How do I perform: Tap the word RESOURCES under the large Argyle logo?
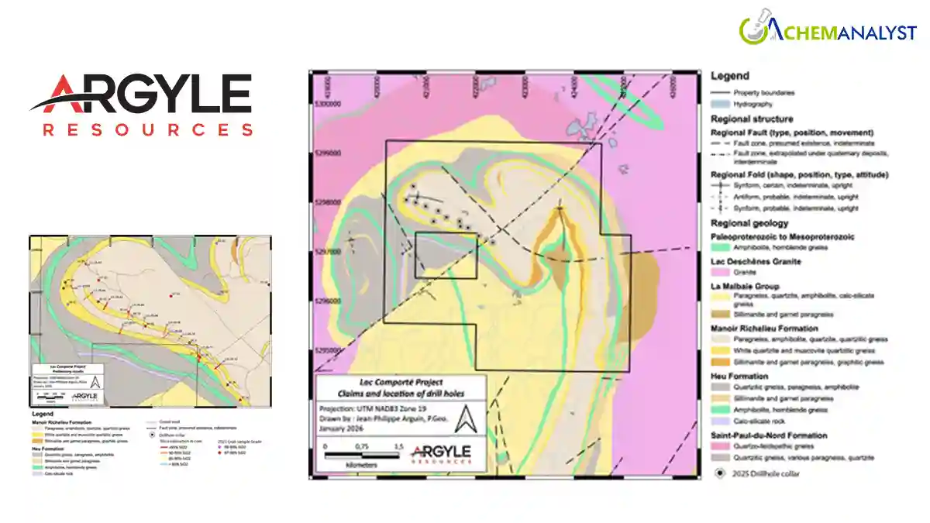click(x=147, y=129)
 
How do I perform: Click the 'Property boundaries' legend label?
click(x=763, y=92)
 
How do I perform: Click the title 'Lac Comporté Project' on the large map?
click(x=401, y=382)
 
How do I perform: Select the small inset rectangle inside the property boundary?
click(x=446, y=256)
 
